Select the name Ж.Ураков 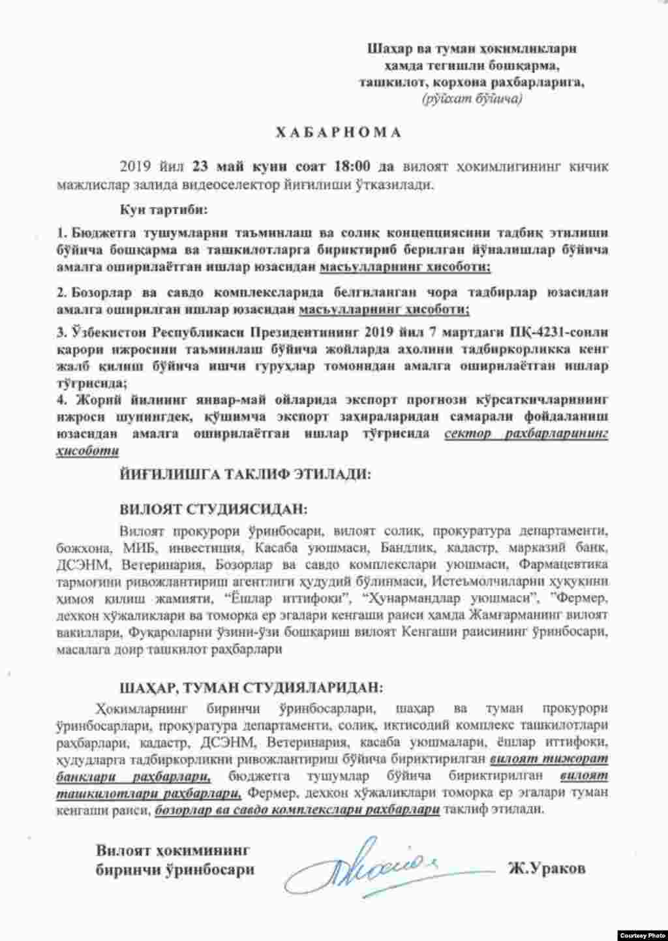[x=546, y=869]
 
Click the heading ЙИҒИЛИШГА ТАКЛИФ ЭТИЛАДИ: [x=245, y=474]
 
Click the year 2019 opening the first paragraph [x=134, y=166]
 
